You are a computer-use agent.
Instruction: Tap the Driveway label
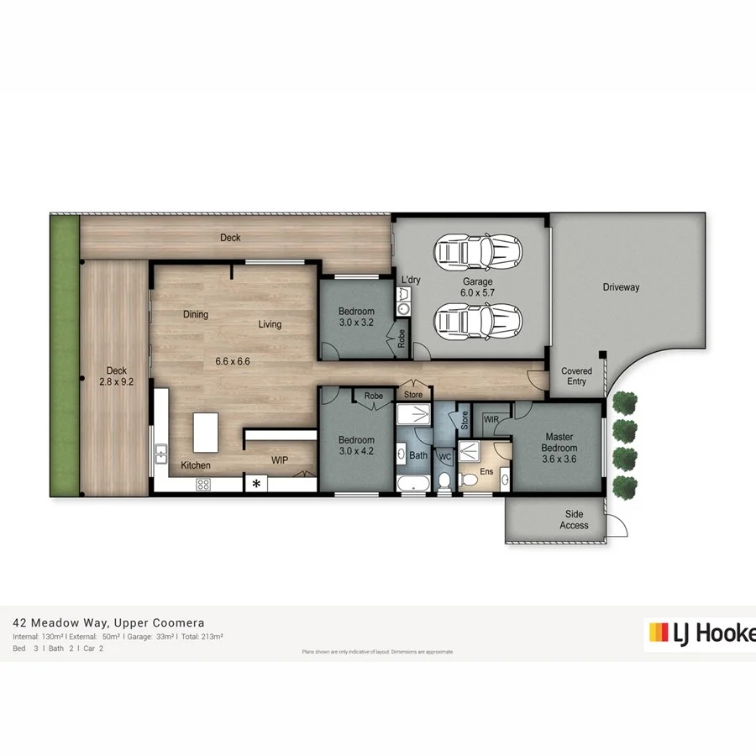(621, 287)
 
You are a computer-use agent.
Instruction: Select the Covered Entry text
(576, 375)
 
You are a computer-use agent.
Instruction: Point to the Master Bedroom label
(559, 443)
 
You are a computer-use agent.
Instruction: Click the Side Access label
(574, 520)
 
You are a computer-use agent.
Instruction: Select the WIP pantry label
(280, 460)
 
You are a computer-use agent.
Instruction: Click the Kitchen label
(196, 465)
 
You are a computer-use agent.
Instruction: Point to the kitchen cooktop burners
(204, 483)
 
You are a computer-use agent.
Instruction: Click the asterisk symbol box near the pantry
(256, 483)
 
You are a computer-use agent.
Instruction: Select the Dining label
(196, 315)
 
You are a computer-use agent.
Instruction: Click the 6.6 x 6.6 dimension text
(233, 362)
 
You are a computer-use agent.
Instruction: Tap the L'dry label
(411, 280)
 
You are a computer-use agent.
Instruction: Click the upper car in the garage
(478, 249)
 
